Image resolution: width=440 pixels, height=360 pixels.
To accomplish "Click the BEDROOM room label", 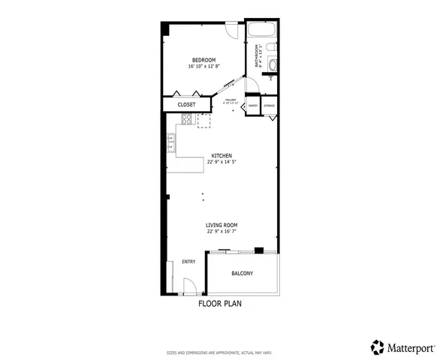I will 203,60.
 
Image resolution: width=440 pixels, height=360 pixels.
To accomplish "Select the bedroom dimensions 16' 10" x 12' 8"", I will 203,67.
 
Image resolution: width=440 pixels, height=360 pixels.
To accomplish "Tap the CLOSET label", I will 187,104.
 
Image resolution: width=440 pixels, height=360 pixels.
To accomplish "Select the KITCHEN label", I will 222,155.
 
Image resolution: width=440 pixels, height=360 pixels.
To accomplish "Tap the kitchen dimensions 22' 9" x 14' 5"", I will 222,162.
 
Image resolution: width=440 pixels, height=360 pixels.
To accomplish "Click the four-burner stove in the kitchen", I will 187,118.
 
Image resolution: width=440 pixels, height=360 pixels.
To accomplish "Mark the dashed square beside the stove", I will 204,121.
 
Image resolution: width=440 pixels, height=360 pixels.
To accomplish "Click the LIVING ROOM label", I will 222,225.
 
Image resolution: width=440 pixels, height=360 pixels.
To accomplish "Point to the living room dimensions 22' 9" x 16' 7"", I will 222,232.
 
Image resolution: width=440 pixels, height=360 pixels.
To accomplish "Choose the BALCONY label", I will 242,273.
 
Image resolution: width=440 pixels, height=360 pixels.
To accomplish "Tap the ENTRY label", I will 188,262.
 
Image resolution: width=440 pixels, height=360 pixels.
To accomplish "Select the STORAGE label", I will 269,106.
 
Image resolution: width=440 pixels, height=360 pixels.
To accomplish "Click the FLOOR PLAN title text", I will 220,304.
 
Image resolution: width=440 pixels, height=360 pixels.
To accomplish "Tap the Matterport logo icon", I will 378,346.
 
